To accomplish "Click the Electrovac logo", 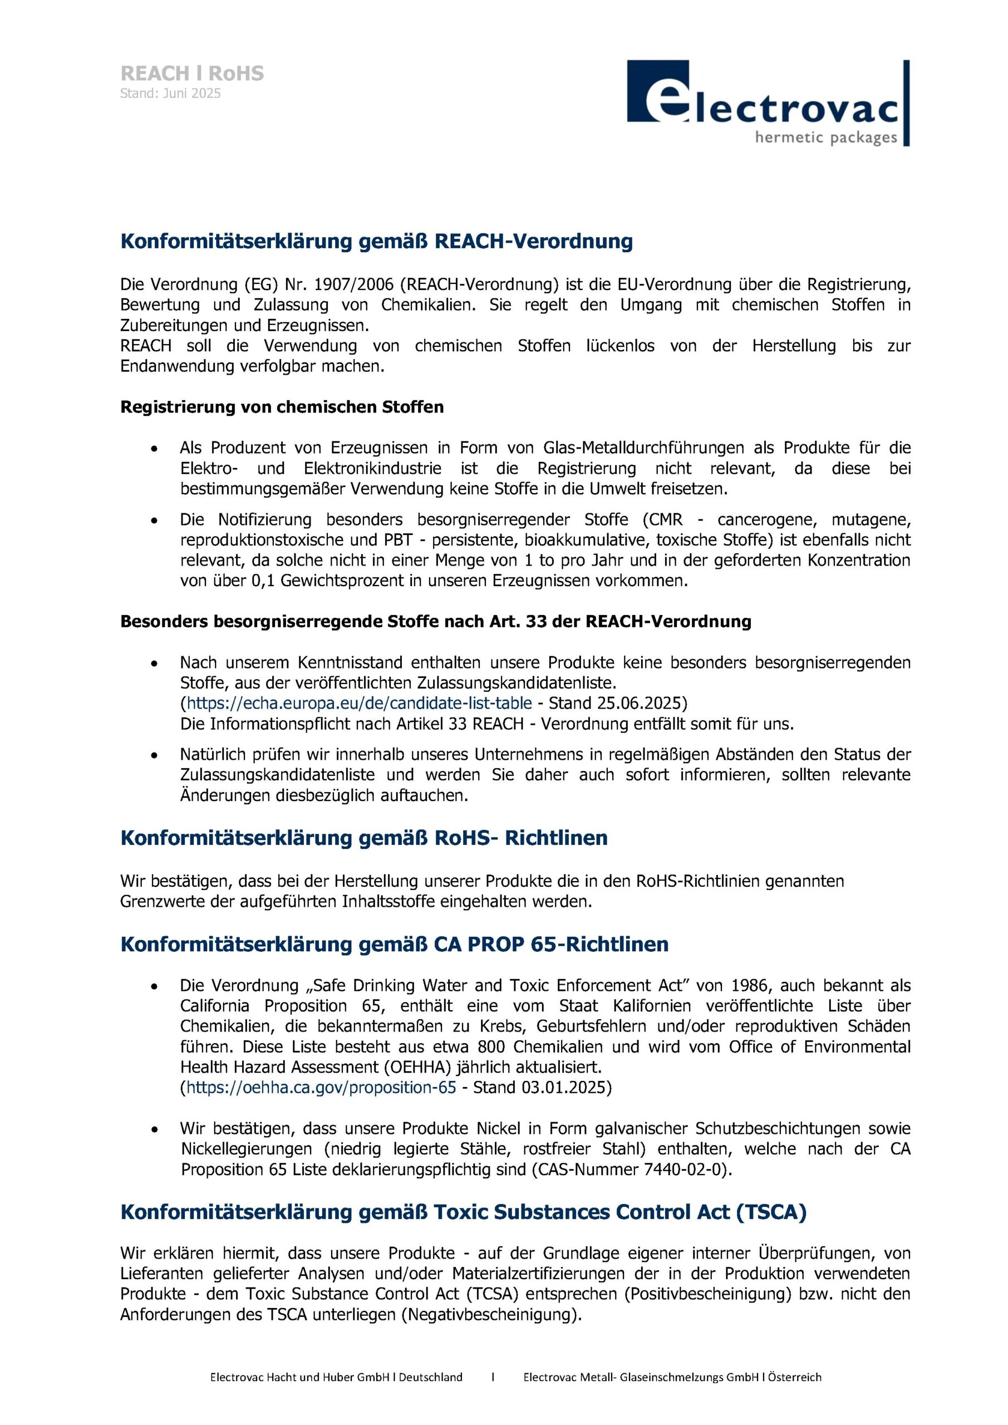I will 768,103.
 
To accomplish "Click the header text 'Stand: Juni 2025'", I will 170,94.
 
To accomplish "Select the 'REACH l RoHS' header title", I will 192,73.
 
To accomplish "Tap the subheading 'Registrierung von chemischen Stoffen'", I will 282,407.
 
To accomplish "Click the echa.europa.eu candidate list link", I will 359,703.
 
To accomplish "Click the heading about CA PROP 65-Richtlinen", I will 394,944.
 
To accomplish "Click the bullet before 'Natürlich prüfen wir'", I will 154,755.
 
